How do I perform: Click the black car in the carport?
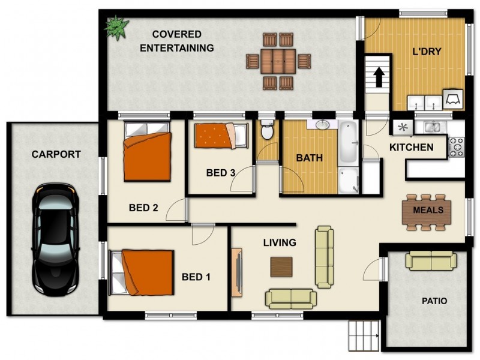pyautogui.click(x=56, y=239)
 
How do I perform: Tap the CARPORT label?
pyautogui.click(x=56, y=155)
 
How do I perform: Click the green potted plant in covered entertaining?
pyautogui.click(x=115, y=27)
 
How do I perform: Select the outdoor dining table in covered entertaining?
pyautogui.click(x=278, y=61)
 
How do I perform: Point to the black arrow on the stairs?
pyautogui.click(x=379, y=76)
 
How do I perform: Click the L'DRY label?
pyautogui.click(x=427, y=52)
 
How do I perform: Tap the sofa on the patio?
pyautogui.click(x=431, y=261)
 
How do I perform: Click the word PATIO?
pyautogui.click(x=434, y=301)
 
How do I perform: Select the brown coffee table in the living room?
pyautogui.click(x=281, y=266)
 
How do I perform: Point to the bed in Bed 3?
pyautogui.click(x=220, y=136)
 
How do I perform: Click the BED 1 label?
pyautogui.click(x=196, y=277)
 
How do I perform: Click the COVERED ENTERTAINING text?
pyautogui.click(x=176, y=41)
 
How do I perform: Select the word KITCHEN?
pyautogui.click(x=411, y=148)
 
